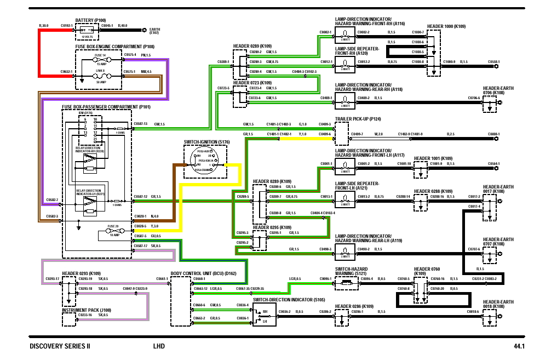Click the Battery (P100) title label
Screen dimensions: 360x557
point(90,20)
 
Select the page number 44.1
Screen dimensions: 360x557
point(519,346)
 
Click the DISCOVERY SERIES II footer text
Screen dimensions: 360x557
point(60,346)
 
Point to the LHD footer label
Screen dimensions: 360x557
point(159,346)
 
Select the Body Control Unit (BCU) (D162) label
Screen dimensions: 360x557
point(203,272)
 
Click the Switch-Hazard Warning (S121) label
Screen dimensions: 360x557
point(351,271)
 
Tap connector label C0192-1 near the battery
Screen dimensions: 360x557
point(66,26)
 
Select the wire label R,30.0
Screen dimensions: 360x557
point(44,26)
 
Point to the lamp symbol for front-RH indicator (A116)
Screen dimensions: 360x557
point(345,37)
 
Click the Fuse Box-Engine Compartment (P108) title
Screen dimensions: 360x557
point(114,47)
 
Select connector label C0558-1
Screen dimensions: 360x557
point(493,61)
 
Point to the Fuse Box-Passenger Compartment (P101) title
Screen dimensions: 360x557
point(106,106)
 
